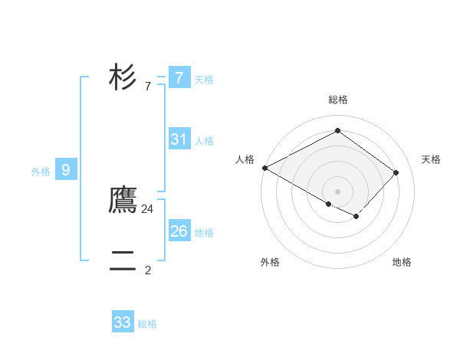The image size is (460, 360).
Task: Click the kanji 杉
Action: (x=123, y=77)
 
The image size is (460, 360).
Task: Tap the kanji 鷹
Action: (x=123, y=200)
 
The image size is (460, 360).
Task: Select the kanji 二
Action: (x=123, y=261)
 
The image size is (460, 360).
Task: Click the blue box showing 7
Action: (x=179, y=77)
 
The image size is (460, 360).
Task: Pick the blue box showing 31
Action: (x=179, y=139)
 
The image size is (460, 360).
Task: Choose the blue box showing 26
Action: (x=179, y=231)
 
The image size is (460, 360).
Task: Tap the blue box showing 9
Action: (x=66, y=170)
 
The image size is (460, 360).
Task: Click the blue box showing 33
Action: (x=123, y=322)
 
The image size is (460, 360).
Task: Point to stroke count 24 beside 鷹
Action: (x=148, y=208)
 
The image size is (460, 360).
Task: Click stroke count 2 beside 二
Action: (x=148, y=270)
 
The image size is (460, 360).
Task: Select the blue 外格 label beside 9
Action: (x=41, y=172)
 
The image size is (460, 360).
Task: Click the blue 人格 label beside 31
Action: (x=205, y=141)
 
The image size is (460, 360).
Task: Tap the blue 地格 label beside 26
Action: (x=205, y=233)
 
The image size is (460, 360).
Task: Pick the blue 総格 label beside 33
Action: (x=148, y=324)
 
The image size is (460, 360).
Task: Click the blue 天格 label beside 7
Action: (x=205, y=80)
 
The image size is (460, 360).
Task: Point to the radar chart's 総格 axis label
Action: (x=338, y=100)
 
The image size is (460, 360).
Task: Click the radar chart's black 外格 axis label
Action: (x=270, y=262)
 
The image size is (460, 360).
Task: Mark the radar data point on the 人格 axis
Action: (x=264, y=168)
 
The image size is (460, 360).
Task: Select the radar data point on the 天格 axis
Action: (x=396, y=172)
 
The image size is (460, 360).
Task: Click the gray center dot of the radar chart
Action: (x=337, y=191)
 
